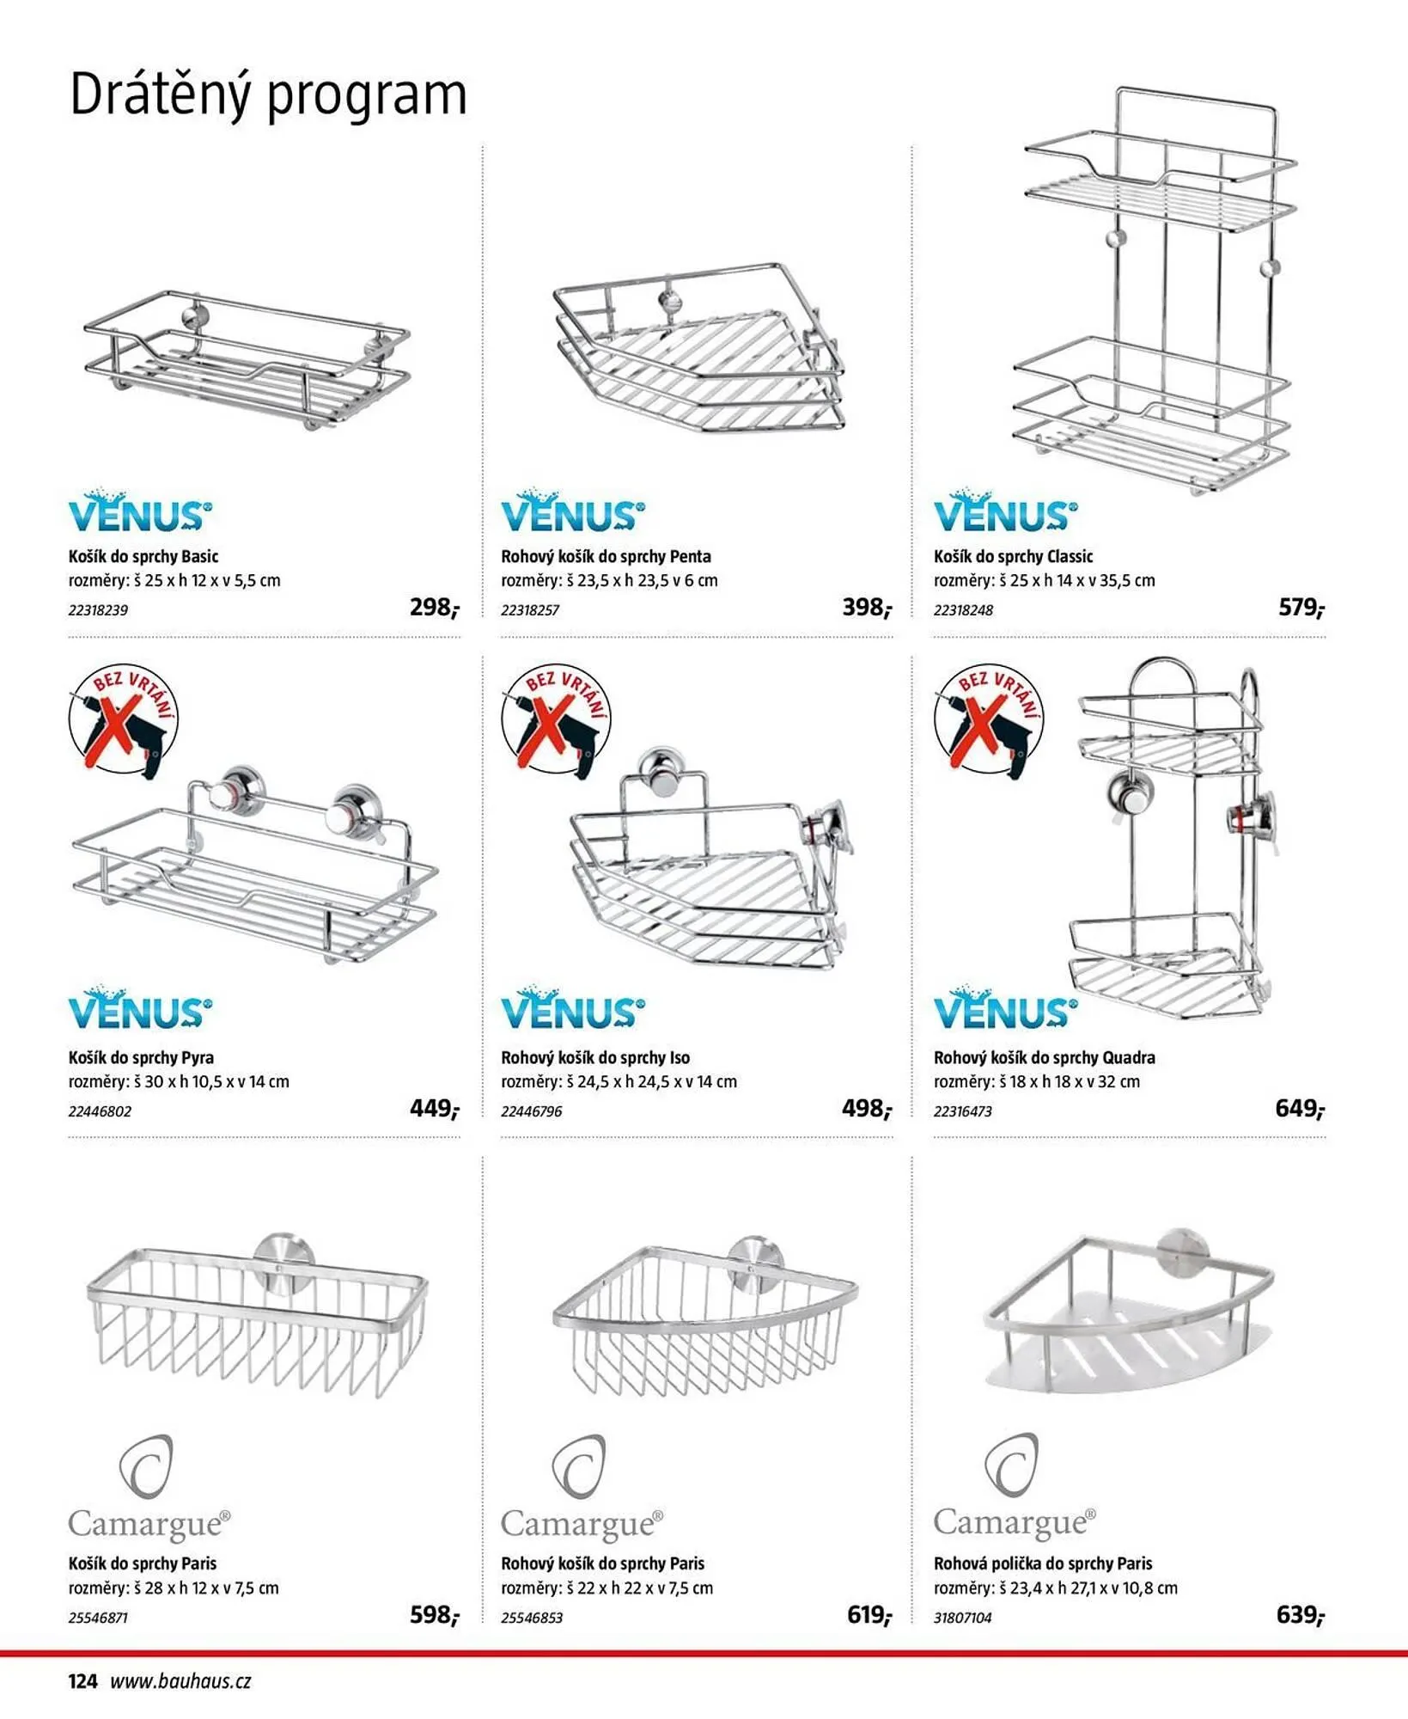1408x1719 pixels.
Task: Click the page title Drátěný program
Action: pos(268,95)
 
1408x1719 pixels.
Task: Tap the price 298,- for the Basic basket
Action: pos(435,608)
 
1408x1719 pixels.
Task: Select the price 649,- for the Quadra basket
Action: pos(1300,1109)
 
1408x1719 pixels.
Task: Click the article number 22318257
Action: pos(530,610)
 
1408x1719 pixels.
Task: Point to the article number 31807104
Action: pos(962,1618)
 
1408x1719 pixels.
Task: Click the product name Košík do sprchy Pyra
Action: pos(141,1058)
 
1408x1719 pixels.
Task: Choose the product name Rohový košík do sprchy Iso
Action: pos(595,1058)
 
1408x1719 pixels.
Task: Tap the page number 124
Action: pos(83,1681)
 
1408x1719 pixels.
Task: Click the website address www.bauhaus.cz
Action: pos(180,1681)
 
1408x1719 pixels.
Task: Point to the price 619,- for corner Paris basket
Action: pos(869,1615)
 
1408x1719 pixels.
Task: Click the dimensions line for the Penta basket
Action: pos(609,581)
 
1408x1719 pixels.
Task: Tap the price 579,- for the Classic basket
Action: pos(1301,608)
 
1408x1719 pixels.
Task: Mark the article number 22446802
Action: pos(100,1111)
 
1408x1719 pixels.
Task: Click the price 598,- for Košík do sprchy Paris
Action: pos(435,1615)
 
